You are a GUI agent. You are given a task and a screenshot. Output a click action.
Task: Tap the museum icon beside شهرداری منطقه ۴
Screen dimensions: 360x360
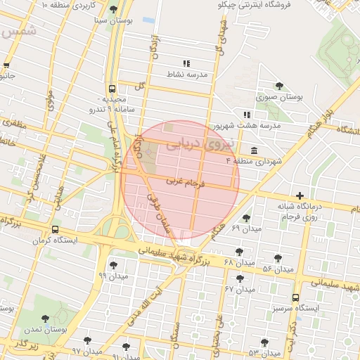[x=253, y=151]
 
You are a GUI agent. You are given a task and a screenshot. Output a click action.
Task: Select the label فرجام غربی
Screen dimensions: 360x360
[x=186, y=182]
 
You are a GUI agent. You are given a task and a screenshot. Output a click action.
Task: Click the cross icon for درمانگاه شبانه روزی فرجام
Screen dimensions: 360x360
[x=300, y=195]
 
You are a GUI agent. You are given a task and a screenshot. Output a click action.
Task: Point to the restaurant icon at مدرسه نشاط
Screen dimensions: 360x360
[x=186, y=63]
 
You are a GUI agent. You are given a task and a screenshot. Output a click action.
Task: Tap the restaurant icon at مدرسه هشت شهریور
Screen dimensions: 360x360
[x=246, y=114]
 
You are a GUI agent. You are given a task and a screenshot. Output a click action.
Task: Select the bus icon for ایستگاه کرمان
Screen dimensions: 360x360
[x=55, y=229]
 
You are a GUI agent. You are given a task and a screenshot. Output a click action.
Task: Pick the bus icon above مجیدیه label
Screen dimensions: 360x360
[x=112, y=89]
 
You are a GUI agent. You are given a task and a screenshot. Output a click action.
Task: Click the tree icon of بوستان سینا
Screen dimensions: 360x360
[x=114, y=9]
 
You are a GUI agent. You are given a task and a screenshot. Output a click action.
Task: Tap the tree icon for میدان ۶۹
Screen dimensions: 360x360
[x=245, y=218]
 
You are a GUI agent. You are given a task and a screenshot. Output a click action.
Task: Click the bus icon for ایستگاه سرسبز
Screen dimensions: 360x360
[x=295, y=298]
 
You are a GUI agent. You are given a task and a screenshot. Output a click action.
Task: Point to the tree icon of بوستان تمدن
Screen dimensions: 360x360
[x=45, y=319]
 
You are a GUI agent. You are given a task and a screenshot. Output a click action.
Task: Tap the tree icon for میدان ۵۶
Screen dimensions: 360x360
[x=278, y=258]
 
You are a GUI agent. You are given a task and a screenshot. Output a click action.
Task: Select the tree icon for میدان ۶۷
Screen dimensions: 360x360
[x=240, y=278]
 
